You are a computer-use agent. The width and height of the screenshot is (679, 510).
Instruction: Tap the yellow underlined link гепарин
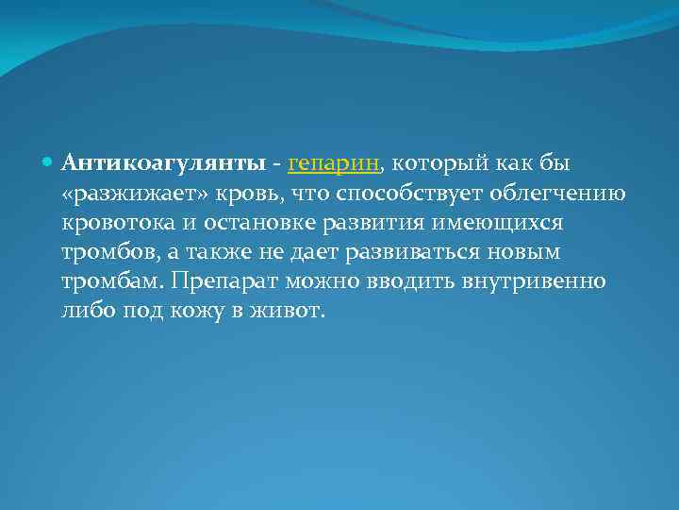pyautogui.click(x=334, y=163)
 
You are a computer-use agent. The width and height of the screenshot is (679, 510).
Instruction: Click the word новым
pyautogui.click(x=530, y=253)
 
